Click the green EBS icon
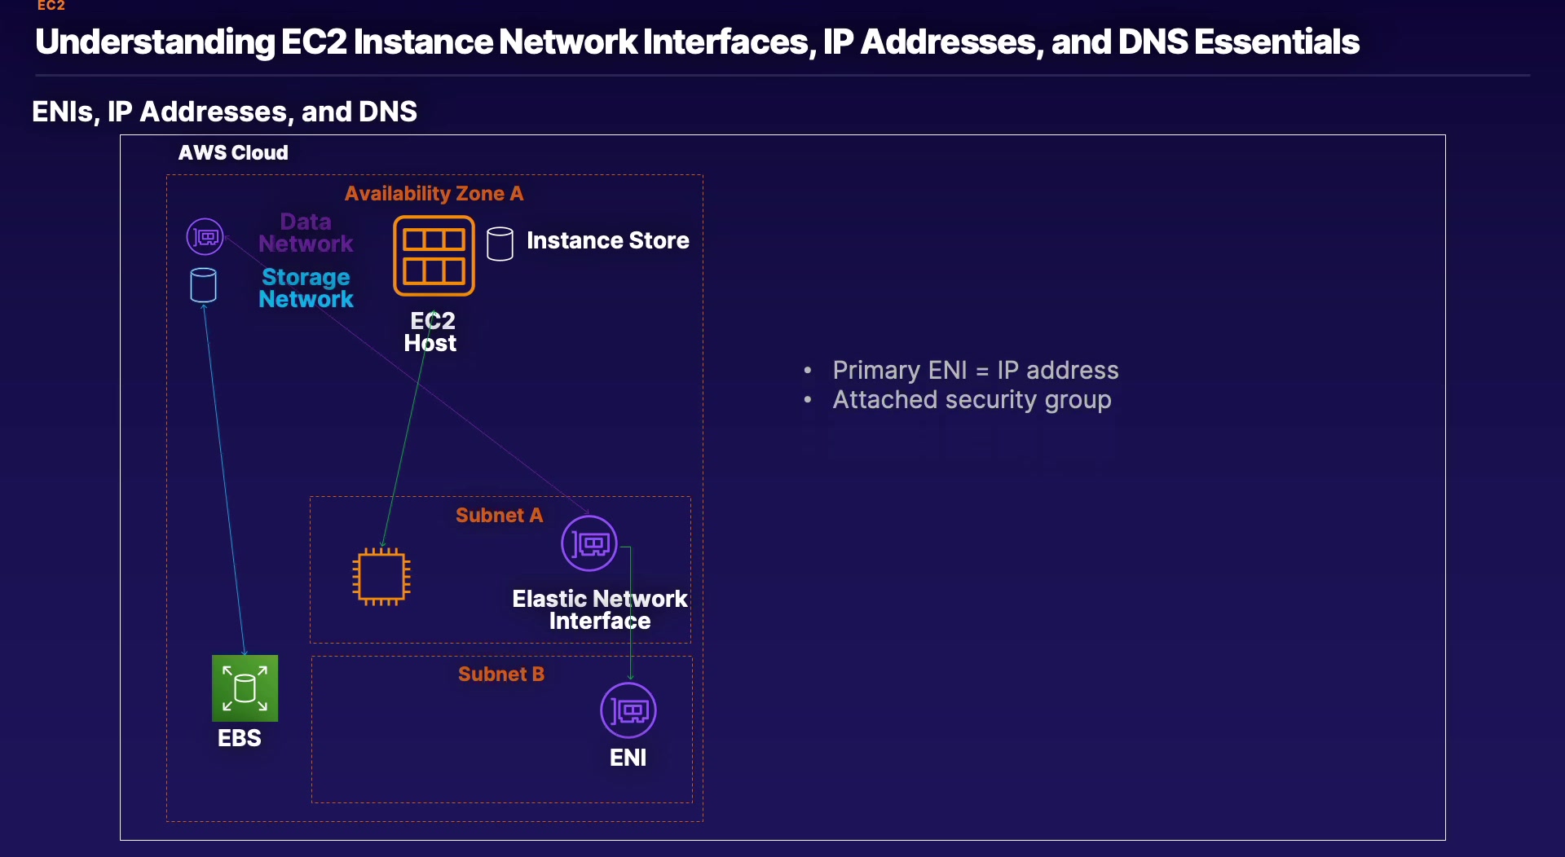pos(245,688)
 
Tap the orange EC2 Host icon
pos(434,255)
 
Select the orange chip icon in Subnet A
pos(381,577)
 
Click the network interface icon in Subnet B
pos(628,710)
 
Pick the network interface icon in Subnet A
pos(589,543)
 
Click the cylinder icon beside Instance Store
pos(500,244)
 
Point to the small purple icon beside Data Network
pos(205,237)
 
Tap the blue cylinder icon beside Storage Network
pos(203,285)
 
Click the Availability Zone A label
pos(434,194)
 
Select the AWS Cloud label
pos(233,153)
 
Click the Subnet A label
pos(499,516)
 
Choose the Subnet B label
pos(500,675)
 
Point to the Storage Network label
pos(306,288)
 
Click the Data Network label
pos(306,233)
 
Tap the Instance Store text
pos(607,241)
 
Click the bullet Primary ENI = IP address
pos(975,371)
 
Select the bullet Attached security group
pos(972,400)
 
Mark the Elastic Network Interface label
pos(600,610)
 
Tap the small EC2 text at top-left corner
pos(51,6)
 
